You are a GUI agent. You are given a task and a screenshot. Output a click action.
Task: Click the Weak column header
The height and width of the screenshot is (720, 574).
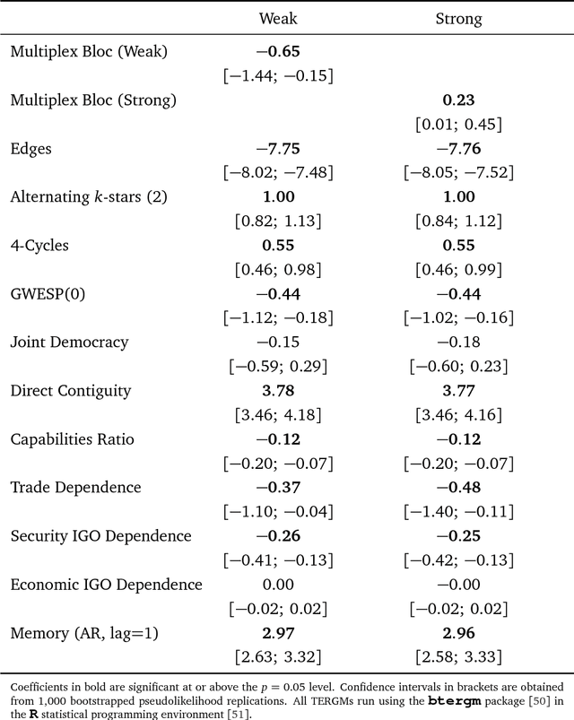[x=278, y=18]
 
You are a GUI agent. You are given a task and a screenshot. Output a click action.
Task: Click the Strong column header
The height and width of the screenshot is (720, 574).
[x=458, y=18]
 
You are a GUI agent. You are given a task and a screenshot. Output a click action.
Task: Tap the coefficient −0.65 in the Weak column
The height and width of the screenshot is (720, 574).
[x=278, y=52]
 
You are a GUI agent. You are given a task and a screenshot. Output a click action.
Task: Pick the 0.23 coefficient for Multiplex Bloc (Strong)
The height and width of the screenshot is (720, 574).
[x=458, y=100]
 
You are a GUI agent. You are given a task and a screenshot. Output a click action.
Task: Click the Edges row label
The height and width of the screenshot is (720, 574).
[x=31, y=149]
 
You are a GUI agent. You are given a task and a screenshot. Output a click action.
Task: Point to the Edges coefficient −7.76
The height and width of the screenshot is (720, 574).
[x=458, y=149]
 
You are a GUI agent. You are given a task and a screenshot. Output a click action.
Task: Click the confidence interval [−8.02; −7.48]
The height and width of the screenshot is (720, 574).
[x=278, y=173]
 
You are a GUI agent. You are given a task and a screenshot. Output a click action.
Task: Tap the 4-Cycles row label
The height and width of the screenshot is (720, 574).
[x=41, y=246]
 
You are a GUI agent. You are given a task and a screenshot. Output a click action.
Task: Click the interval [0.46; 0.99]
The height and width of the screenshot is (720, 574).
[x=458, y=269]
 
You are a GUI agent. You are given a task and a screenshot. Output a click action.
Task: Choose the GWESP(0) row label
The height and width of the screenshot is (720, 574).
[x=44, y=293]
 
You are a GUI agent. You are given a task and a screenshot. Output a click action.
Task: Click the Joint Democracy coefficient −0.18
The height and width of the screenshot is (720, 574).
[x=458, y=342]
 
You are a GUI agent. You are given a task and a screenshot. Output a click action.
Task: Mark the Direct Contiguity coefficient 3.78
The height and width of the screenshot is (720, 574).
[x=278, y=390]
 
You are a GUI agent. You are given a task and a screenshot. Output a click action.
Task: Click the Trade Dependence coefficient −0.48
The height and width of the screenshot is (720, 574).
[x=458, y=487]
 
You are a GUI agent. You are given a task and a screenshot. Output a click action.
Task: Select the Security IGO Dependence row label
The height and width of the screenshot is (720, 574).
[x=100, y=535]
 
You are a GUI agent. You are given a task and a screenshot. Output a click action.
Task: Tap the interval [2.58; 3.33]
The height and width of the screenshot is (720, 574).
[x=458, y=656]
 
